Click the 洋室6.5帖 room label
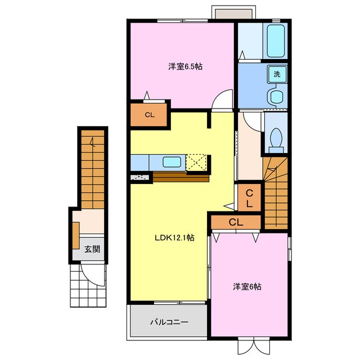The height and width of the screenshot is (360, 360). (185, 66)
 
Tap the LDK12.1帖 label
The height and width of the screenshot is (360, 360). (174, 237)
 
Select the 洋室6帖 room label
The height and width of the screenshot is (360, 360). (247, 286)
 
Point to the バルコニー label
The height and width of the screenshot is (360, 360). (169, 322)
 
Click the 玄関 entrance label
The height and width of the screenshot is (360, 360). (92, 249)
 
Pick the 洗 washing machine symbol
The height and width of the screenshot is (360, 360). (277, 74)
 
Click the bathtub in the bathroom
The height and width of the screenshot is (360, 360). (276, 41)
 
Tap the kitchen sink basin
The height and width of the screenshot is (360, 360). (172, 162)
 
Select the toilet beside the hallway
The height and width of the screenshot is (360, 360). (276, 141)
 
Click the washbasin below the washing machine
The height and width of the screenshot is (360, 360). (276, 96)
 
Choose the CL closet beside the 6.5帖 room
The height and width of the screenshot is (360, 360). (148, 115)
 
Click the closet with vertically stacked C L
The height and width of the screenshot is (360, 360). (249, 197)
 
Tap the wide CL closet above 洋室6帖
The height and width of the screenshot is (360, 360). (236, 222)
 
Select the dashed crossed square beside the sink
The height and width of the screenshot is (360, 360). (196, 163)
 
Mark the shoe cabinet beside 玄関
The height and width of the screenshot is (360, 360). (76, 235)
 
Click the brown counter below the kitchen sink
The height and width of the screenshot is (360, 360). (181, 177)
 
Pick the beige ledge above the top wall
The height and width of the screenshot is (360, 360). (234, 13)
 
